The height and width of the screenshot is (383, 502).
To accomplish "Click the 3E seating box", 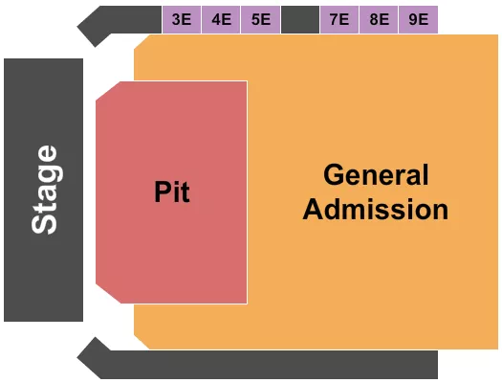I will pyautogui.click(x=182, y=19).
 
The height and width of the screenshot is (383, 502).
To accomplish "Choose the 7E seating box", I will pyautogui.click(x=338, y=19).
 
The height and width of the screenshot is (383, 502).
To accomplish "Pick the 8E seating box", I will pyautogui.click(x=379, y=19).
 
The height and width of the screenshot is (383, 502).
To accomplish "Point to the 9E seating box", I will pyautogui.click(x=418, y=19).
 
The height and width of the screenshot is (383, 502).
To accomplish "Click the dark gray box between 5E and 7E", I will pyautogui.click(x=300, y=19).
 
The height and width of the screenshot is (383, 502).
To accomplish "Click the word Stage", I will pyautogui.click(x=45, y=189).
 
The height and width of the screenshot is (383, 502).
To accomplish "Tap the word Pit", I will pyautogui.click(x=172, y=192).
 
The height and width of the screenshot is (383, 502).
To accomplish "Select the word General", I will pyautogui.click(x=376, y=175).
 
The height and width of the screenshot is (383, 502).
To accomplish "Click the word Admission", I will pyautogui.click(x=376, y=209).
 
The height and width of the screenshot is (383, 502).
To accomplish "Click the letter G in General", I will pyautogui.click(x=333, y=175).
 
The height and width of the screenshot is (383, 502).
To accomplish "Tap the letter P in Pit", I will pyautogui.click(x=162, y=192).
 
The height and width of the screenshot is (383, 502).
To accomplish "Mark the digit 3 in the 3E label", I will pyautogui.click(x=177, y=19).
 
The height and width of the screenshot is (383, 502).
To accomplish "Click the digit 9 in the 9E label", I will pyautogui.click(x=413, y=19).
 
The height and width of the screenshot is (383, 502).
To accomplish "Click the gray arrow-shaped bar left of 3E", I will pyautogui.click(x=120, y=23).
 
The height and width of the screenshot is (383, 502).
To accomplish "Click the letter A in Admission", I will pyautogui.click(x=313, y=209).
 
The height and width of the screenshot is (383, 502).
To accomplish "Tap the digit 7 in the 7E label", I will pyautogui.click(x=334, y=19).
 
